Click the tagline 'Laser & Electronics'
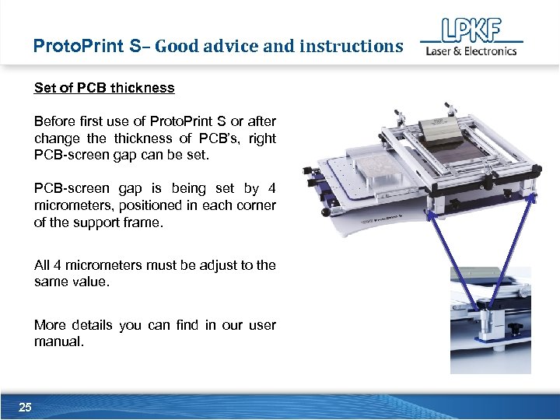coord(471,51)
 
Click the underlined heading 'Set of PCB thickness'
coord(104,88)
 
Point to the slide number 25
coord(25,408)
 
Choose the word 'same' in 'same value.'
coord(52,282)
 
